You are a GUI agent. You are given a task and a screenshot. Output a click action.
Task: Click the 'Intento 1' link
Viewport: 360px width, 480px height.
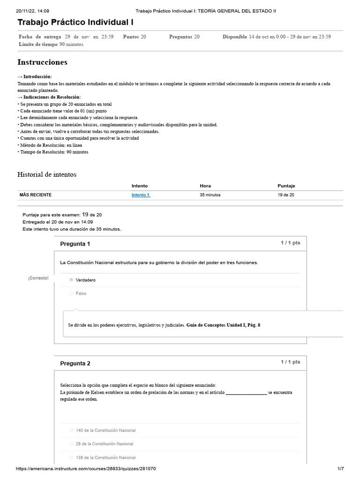click(x=140, y=195)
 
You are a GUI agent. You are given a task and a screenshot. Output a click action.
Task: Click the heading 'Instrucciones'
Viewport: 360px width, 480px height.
click(x=42, y=62)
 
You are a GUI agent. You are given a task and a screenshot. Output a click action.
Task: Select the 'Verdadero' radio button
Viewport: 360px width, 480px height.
click(x=71, y=280)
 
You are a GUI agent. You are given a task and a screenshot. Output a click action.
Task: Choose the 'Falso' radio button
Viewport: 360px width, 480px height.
click(x=71, y=293)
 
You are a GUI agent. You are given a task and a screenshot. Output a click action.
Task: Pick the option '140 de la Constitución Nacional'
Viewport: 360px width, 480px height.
click(x=71, y=430)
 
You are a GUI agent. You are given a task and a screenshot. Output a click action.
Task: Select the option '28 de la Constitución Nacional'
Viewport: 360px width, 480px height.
click(x=71, y=444)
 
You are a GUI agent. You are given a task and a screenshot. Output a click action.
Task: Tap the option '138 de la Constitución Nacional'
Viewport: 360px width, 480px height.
click(x=71, y=457)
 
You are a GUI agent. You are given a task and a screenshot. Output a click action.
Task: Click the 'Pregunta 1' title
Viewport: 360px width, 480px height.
click(x=75, y=244)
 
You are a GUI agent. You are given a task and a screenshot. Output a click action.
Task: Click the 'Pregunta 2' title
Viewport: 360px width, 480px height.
click(x=75, y=363)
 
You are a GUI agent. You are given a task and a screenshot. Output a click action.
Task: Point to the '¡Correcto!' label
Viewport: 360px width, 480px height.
click(x=38, y=278)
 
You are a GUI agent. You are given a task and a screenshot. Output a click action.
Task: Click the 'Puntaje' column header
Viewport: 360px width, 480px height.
click(x=286, y=186)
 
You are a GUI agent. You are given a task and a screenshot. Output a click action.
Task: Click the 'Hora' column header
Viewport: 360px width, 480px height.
click(x=205, y=186)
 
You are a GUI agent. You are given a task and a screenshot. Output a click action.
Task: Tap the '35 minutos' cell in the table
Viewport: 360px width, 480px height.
click(x=210, y=195)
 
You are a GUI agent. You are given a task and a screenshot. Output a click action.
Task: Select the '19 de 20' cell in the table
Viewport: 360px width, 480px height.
click(x=286, y=195)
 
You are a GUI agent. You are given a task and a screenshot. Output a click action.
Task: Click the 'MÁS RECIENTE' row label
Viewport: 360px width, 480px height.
click(x=36, y=195)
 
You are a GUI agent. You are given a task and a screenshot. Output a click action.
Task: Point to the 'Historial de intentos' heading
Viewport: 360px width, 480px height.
click(x=47, y=174)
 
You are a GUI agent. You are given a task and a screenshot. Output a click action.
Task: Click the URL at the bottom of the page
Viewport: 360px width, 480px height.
click(x=86, y=469)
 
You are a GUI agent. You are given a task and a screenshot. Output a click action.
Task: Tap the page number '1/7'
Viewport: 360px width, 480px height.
click(x=341, y=469)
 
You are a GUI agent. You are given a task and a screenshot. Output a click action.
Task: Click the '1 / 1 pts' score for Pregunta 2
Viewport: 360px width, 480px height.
click(x=291, y=362)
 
